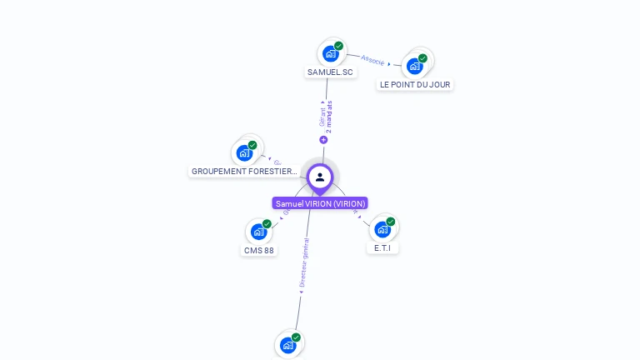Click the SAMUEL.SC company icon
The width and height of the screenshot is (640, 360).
[330, 54]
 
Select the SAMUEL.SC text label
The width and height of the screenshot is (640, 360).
[330, 72]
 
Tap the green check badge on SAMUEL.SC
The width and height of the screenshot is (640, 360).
[338, 46]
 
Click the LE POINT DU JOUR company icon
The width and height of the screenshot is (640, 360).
[414, 67]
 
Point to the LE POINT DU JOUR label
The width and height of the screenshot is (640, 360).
[415, 85]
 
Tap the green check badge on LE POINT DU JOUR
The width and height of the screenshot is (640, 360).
[422, 58]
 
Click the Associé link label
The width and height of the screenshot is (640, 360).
[372, 60]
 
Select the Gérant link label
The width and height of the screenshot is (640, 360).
[322, 116]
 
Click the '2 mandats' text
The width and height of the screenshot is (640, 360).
[329, 117]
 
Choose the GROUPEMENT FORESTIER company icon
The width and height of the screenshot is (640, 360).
[244, 152]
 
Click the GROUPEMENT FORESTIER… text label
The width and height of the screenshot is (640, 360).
[244, 172]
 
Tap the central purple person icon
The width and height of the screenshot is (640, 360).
[320, 177]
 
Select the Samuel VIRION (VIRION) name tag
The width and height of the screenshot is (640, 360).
[320, 203]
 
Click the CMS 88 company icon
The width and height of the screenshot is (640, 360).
[258, 232]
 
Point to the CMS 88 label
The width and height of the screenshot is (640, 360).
[259, 251]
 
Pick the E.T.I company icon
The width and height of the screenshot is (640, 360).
[382, 229]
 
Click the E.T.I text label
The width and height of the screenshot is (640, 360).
[382, 248]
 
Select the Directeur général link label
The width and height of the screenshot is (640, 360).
[305, 262]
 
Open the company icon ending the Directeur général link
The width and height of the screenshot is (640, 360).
[287, 345]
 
